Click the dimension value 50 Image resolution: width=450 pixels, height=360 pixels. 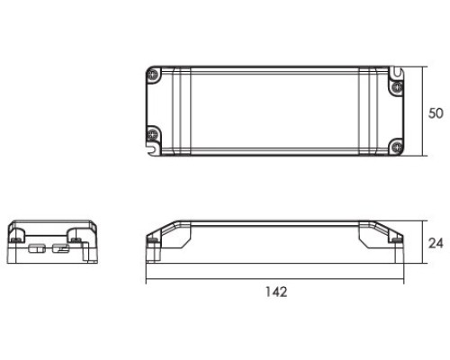click(x=436, y=113)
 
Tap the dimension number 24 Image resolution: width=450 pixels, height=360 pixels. click(x=436, y=243)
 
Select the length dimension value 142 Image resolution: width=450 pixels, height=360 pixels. click(x=276, y=292)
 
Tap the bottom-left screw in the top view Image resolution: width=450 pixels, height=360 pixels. click(x=153, y=136)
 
